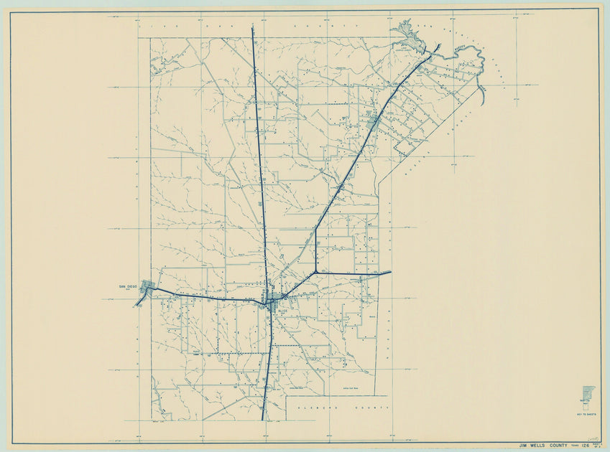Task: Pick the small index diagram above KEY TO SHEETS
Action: tap(586, 397)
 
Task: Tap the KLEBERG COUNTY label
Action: tap(338, 407)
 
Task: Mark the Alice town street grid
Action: tap(272, 299)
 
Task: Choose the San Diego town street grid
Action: tap(148, 287)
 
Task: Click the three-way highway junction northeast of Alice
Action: tap(315, 273)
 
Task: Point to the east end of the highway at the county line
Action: tap(390, 272)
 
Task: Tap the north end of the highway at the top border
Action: tap(253, 27)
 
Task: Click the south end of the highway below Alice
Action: tap(263, 419)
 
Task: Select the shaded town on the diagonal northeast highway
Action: tap(373, 123)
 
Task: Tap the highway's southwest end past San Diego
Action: tap(136, 305)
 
